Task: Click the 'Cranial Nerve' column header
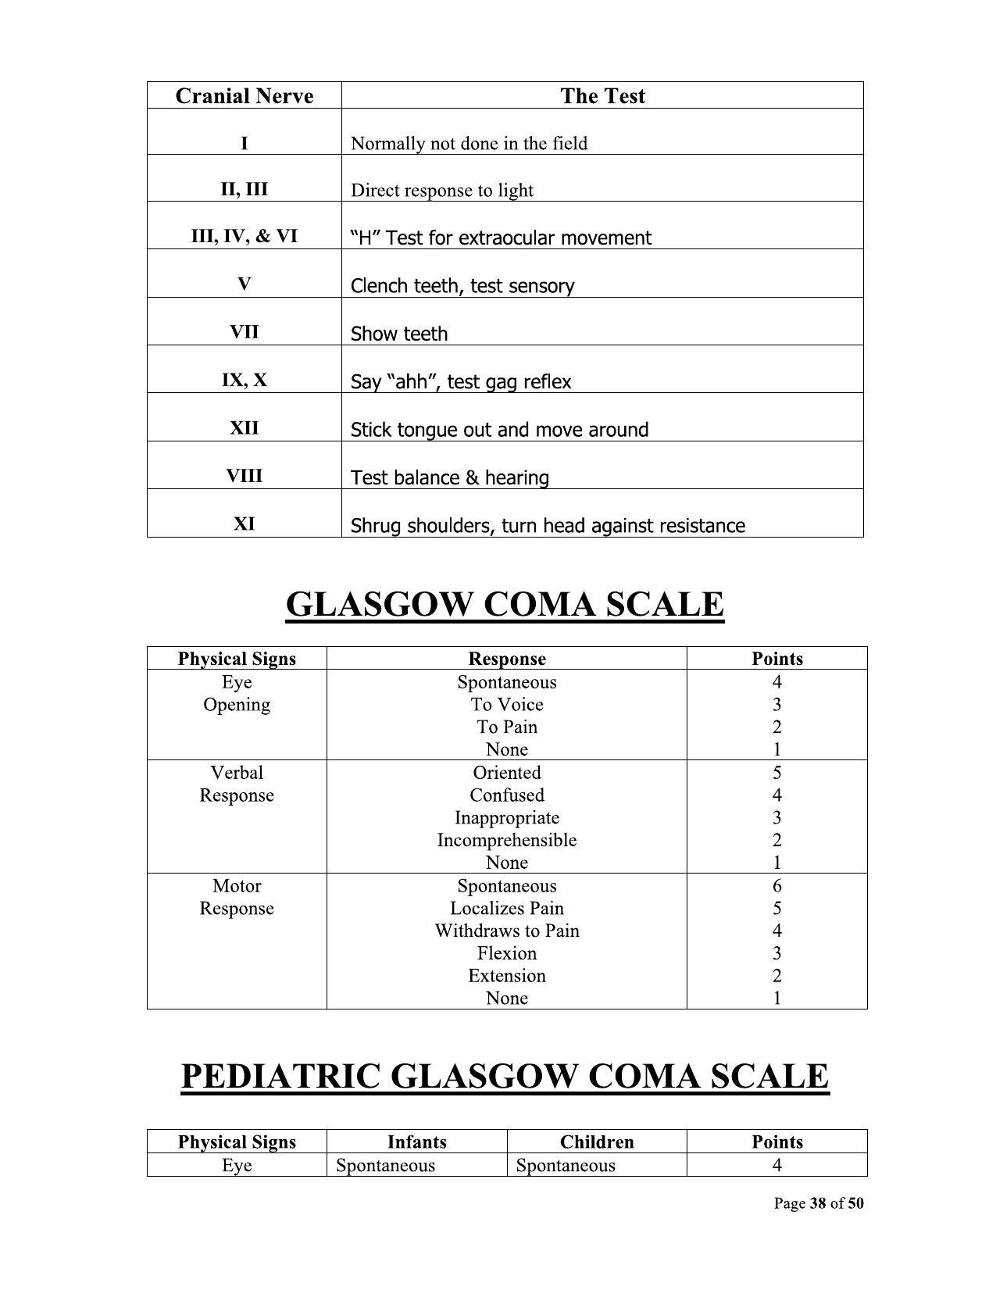tap(244, 96)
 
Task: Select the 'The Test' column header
tap(602, 96)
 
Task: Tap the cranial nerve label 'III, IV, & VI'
tap(244, 236)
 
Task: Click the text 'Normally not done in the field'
tap(469, 144)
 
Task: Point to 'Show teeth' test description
tap(399, 334)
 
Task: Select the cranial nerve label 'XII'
tap(244, 428)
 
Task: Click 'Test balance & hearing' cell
tap(449, 477)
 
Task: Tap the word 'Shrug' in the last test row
tap(373, 526)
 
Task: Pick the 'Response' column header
tap(506, 659)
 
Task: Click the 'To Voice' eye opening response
tap(506, 705)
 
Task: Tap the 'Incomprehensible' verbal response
tap(506, 841)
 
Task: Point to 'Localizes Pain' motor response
tap(506, 909)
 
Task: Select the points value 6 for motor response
tap(776, 886)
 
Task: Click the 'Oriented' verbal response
tap(506, 773)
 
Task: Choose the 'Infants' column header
tap(416, 1142)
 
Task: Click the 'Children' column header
tap(597, 1142)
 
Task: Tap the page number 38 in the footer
tap(818, 1203)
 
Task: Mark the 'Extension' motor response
tap(506, 976)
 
